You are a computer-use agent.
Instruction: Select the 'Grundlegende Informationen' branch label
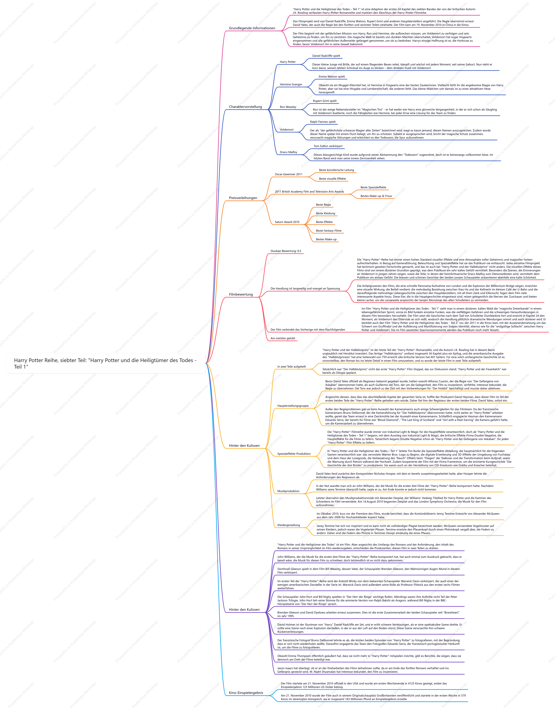tap(252, 28)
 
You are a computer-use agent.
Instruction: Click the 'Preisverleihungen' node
tap(243, 198)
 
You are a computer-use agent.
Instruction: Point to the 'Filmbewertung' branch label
tap(241, 295)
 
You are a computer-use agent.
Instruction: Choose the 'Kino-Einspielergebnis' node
tap(246, 693)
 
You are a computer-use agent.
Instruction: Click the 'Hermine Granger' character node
tap(291, 85)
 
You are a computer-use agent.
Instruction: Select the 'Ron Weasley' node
tap(288, 107)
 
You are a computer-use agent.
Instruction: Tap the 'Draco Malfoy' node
tap(288, 152)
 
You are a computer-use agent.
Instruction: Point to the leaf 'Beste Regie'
tap(324, 205)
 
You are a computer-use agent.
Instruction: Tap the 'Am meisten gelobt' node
tap(283, 338)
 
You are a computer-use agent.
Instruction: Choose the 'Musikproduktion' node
tap(288, 491)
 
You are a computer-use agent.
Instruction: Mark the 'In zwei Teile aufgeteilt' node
tap(292, 367)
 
